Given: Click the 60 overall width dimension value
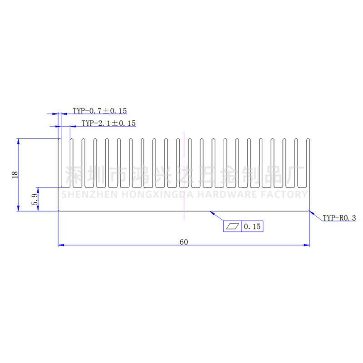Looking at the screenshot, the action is tap(184, 242).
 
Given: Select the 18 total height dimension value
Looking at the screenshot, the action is tap(15, 175).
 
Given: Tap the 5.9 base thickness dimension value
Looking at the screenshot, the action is tap(34, 199).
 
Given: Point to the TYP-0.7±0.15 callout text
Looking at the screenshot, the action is tap(100, 111).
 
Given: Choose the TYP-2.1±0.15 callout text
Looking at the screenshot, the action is tap(108, 123).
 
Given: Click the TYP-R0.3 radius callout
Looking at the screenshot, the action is tap(339, 218).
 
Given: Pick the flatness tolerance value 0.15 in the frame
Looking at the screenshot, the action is tap(252, 226).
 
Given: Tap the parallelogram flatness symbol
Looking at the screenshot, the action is tap(232, 226).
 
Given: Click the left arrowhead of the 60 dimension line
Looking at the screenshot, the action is tap(61, 245).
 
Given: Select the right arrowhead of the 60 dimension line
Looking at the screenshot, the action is tap(307, 245).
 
